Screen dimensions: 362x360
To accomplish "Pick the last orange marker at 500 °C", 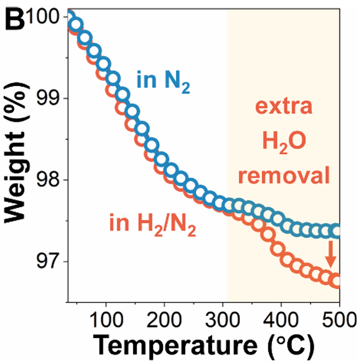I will point(337,282).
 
